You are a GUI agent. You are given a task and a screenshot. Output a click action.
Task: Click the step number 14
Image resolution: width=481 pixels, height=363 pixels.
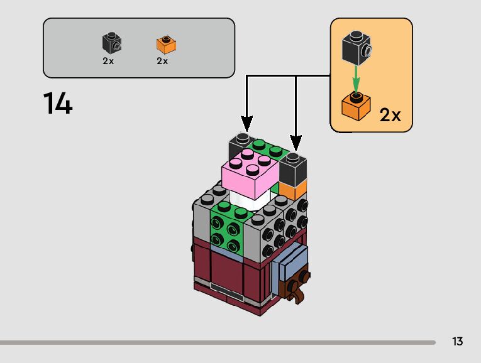[58, 104]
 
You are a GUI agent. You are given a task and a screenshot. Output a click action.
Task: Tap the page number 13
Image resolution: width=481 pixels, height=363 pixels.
[457, 342]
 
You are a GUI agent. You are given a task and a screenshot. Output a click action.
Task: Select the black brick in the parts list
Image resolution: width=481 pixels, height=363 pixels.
[111, 43]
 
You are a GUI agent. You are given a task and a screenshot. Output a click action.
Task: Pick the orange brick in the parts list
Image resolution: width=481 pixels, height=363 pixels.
[165, 45]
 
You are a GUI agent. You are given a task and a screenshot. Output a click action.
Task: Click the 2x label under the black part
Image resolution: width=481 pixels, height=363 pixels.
[108, 61]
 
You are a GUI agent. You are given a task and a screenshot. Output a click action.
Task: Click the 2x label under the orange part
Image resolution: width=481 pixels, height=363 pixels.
[162, 61]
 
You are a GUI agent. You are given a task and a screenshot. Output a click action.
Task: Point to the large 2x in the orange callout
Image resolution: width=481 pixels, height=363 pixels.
[390, 115]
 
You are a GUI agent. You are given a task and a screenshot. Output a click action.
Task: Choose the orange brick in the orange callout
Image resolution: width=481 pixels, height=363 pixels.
[355, 106]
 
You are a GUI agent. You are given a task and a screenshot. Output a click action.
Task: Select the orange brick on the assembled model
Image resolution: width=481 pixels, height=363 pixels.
[292, 190]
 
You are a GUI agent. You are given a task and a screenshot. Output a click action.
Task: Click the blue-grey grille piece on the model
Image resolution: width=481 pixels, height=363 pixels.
[290, 263]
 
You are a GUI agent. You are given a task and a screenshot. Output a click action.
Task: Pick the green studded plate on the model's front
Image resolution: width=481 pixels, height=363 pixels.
[227, 227]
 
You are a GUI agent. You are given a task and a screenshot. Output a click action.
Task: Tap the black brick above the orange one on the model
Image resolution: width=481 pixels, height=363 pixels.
[292, 168]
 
